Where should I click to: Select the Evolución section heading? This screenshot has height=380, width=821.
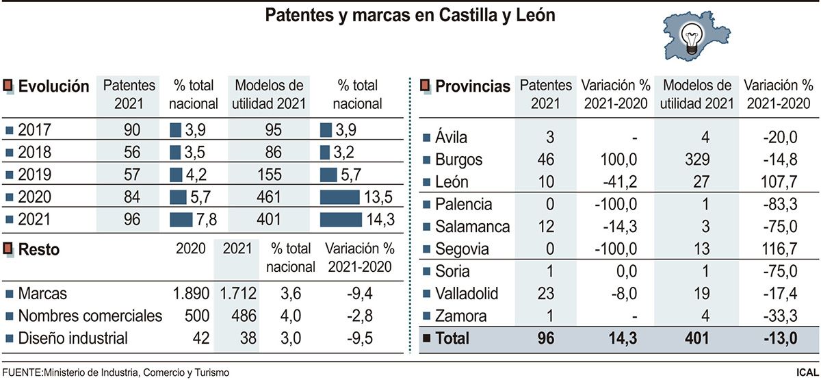[x=53, y=86]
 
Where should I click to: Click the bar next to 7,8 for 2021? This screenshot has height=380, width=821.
[x=181, y=220]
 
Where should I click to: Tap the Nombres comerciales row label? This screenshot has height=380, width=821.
[x=90, y=316]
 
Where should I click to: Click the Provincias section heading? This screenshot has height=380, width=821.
[x=473, y=86]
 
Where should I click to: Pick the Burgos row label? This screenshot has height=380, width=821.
[x=459, y=160]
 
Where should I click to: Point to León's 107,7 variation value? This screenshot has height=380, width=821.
[x=779, y=182]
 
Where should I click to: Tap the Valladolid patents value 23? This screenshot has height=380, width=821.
[x=546, y=294]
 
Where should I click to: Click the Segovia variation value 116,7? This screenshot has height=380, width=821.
[x=779, y=249]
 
